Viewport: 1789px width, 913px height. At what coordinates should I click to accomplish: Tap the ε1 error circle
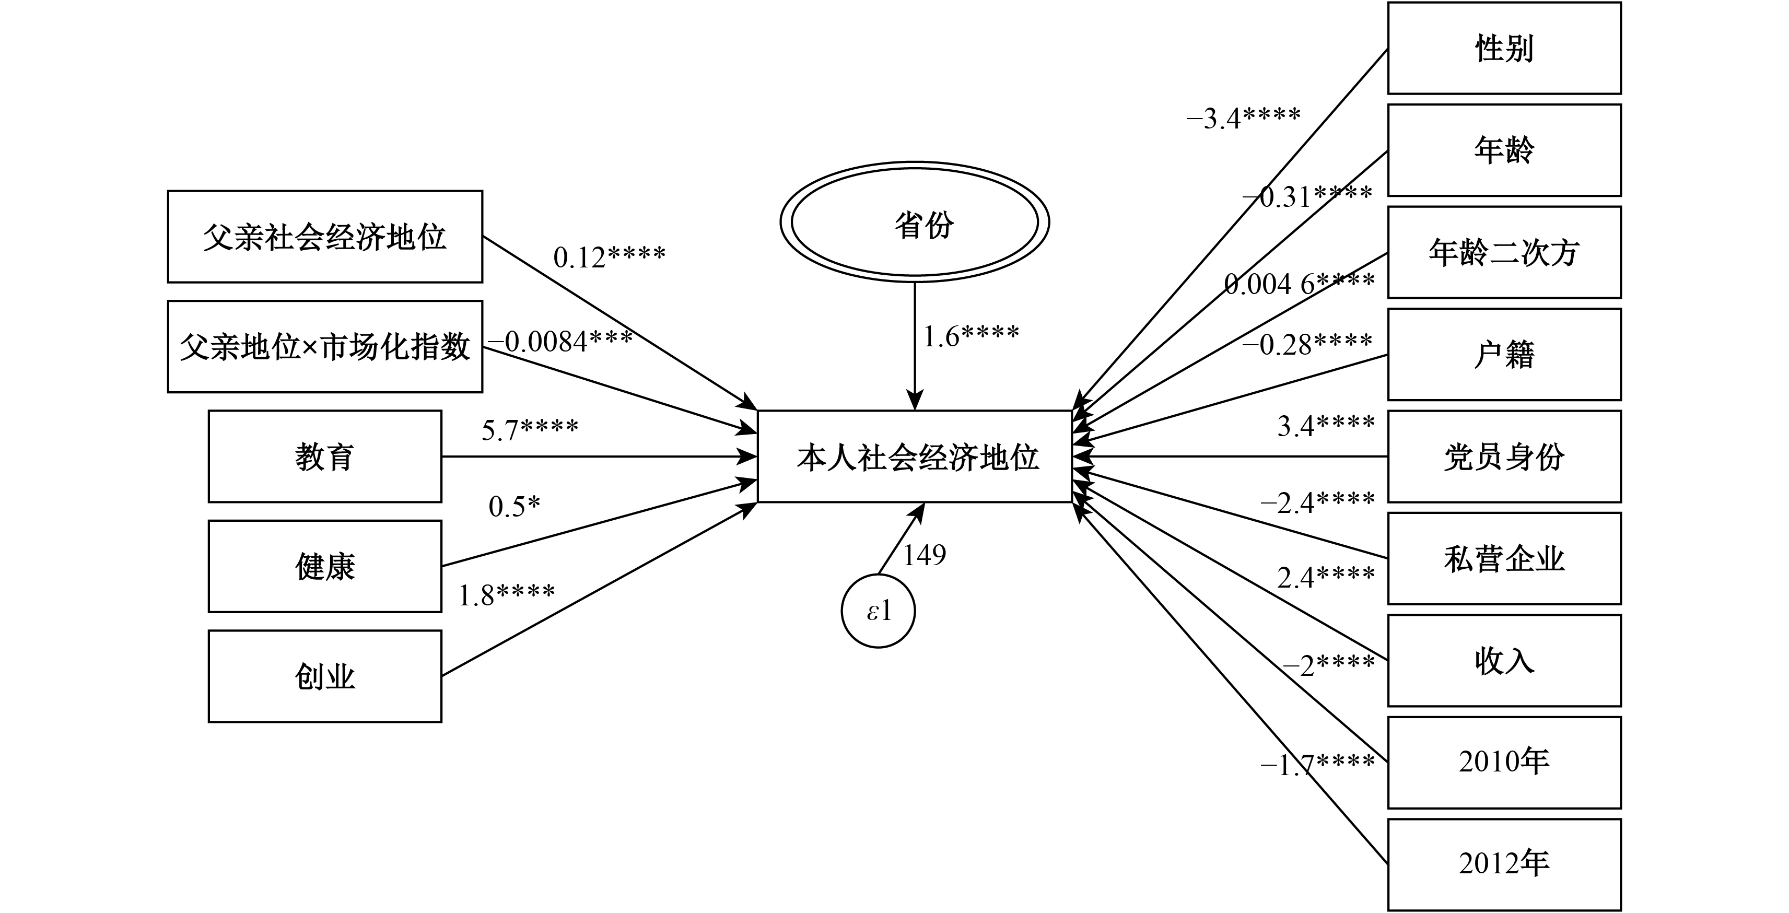pos(878,612)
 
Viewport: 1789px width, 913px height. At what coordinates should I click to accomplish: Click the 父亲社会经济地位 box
pos(325,237)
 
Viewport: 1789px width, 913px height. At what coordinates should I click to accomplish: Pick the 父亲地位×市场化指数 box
pos(325,346)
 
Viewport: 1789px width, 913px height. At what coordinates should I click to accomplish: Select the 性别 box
pos(1504,49)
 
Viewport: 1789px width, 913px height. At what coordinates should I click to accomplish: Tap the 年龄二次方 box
pos(1504,252)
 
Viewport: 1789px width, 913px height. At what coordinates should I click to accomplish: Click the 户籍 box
pos(1504,355)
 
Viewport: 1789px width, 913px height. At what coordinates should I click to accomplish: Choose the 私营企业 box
pos(1504,559)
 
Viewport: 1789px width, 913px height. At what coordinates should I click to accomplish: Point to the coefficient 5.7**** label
pos(530,430)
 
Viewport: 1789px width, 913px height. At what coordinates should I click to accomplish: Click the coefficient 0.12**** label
pos(609,257)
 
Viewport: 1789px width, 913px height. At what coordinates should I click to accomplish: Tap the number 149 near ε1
pos(925,555)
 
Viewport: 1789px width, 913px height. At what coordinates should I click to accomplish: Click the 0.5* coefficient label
pos(515,506)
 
